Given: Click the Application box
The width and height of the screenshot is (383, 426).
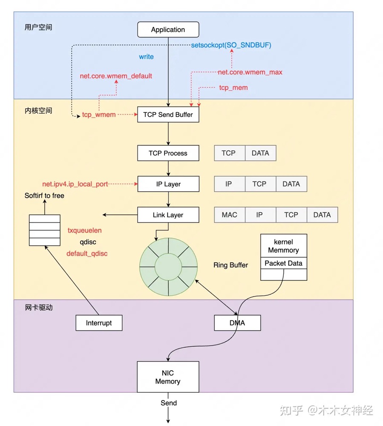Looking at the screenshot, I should (168, 30).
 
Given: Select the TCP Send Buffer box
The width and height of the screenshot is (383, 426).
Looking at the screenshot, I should (168, 115).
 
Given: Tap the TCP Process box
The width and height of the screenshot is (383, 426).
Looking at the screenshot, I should (168, 153).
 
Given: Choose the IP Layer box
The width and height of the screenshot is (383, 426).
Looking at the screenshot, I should (168, 184).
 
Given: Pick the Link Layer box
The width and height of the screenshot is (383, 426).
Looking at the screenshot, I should (168, 215).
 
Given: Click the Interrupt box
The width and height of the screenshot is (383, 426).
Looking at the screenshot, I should (99, 323).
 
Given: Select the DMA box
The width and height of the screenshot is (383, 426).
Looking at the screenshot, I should (237, 323).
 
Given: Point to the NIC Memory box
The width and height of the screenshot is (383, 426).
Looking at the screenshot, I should (168, 377).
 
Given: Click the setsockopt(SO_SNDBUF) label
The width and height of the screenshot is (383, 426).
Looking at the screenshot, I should (231, 45).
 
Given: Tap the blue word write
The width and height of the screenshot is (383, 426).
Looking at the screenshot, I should (146, 57).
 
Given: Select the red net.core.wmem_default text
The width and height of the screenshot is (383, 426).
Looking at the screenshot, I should (116, 76).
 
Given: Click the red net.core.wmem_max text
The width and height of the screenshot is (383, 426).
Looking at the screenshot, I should (250, 72).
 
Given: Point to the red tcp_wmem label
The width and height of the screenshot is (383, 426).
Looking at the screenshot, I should (99, 115).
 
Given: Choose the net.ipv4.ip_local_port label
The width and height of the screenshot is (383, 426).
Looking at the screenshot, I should (75, 184).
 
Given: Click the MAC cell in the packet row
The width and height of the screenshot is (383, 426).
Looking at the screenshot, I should (230, 215).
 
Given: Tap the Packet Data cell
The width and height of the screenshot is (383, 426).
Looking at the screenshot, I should (283, 263).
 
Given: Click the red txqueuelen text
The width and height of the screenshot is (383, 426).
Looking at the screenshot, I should (84, 230).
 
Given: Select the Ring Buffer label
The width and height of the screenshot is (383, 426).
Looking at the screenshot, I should (230, 265).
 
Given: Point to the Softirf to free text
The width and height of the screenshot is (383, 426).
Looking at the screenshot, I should (44, 196).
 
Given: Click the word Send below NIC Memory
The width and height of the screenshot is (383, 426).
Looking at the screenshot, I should (169, 403).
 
